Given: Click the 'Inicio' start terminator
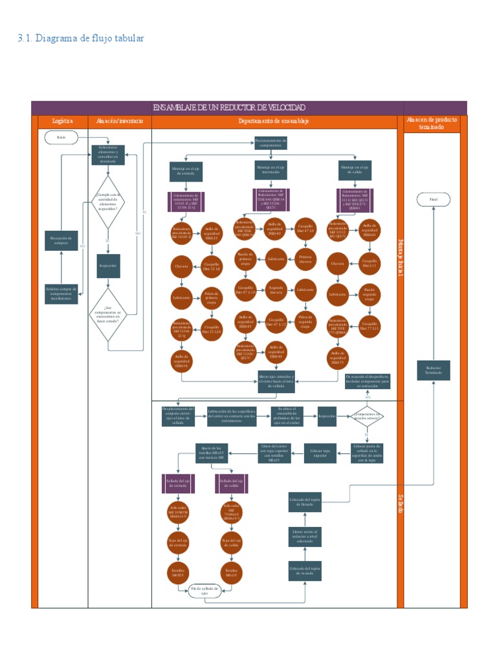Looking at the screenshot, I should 61,137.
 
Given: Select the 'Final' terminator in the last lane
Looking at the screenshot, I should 433,200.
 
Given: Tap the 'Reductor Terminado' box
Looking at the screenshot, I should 433,370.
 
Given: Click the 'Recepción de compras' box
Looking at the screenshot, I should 61,240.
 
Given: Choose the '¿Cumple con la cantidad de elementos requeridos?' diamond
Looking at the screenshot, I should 107,202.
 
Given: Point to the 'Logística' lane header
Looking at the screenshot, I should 62,121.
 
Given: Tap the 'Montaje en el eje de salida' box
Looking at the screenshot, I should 356,169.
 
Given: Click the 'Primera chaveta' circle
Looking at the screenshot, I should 305,259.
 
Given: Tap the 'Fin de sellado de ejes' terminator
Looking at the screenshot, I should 204,591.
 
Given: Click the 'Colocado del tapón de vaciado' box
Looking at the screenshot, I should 305,571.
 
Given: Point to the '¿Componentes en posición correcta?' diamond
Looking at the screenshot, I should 366,417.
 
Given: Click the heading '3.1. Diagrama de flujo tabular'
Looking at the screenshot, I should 81,38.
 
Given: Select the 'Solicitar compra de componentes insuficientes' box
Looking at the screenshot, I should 61,294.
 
